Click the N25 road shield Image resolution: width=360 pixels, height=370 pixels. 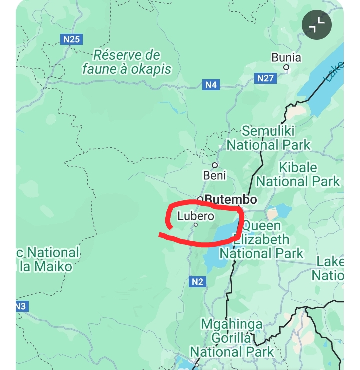pyautogui.click(x=72, y=39)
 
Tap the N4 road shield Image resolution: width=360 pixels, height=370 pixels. pyautogui.click(x=211, y=85)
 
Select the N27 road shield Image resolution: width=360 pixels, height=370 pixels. pyautogui.click(x=265, y=78)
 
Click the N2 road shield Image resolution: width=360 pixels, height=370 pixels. pyautogui.click(x=198, y=282)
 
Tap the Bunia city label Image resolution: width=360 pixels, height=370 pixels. pyautogui.click(x=286, y=57)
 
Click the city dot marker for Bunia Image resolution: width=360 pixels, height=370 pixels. pyautogui.click(x=286, y=67)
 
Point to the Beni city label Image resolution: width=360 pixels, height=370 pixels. pyautogui.click(x=215, y=175)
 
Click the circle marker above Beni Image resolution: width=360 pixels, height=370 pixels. pyautogui.click(x=215, y=165)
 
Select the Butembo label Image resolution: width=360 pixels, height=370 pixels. pyautogui.click(x=231, y=199)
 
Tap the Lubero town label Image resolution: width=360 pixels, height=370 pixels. pyautogui.click(x=196, y=216)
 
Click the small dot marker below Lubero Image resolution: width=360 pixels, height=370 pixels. pyautogui.click(x=196, y=225)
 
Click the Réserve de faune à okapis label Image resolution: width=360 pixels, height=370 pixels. pyautogui.click(x=127, y=62)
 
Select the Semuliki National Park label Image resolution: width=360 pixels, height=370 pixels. pyautogui.click(x=268, y=138)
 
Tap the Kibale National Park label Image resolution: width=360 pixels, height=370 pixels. pyautogui.click(x=298, y=174)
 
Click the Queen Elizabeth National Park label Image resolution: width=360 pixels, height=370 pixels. pyautogui.click(x=262, y=239)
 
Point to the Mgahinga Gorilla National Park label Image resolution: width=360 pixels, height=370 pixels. pyautogui.click(x=231, y=338)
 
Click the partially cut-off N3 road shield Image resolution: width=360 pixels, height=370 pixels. pyautogui.click(x=21, y=306)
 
